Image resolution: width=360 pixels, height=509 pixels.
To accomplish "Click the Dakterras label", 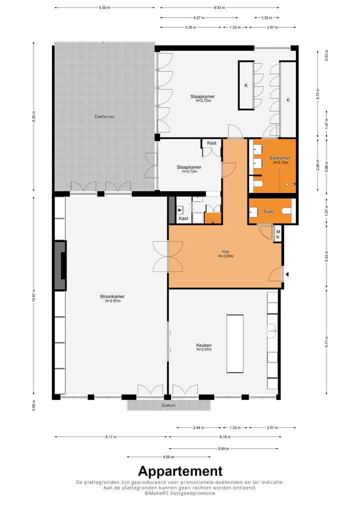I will click(x=104, y=116).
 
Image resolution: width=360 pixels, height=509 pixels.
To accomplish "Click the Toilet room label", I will click(x=268, y=212).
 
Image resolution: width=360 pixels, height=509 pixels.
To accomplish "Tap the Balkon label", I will click(x=168, y=405).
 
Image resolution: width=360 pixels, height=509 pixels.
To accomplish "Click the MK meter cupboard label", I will click(x=278, y=233).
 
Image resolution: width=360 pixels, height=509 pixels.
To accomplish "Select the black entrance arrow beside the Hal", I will click(x=287, y=273).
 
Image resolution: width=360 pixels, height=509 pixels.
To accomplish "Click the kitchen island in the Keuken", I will click(x=235, y=343).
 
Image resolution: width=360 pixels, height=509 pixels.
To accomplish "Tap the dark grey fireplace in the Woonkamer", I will click(x=60, y=265).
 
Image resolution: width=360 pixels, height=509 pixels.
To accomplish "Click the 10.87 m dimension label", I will click(x=33, y=294).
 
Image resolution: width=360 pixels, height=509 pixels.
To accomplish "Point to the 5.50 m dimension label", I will click(x=104, y=8).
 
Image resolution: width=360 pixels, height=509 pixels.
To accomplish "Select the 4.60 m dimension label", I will click(x=168, y=456).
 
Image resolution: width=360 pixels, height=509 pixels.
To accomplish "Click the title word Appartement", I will click(x=180, y=471).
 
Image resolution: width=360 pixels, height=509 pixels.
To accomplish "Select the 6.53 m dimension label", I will click(x=219, y=8).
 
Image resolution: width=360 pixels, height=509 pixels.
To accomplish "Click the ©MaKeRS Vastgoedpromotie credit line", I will click(x=180, y=493).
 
